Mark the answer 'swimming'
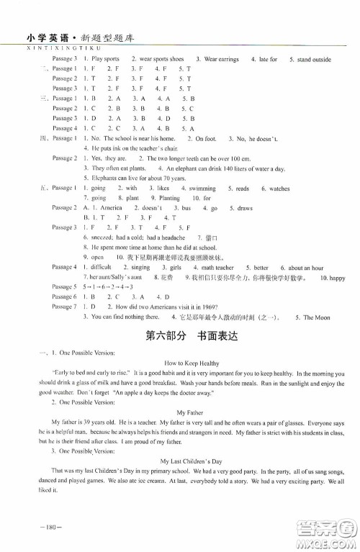[x=204, y=188]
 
